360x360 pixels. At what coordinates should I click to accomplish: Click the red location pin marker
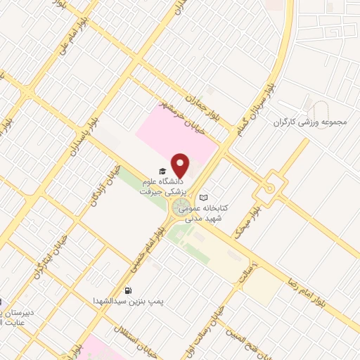click(181, 165)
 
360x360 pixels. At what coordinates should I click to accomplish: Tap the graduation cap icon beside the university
click(162, 172)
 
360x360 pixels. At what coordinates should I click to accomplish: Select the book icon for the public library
click(204, 198)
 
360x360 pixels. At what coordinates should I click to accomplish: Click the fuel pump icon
click(127, 290)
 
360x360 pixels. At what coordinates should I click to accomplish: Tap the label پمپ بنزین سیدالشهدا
click(129, 300)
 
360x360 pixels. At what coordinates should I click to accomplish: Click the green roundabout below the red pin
click(181, 207)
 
